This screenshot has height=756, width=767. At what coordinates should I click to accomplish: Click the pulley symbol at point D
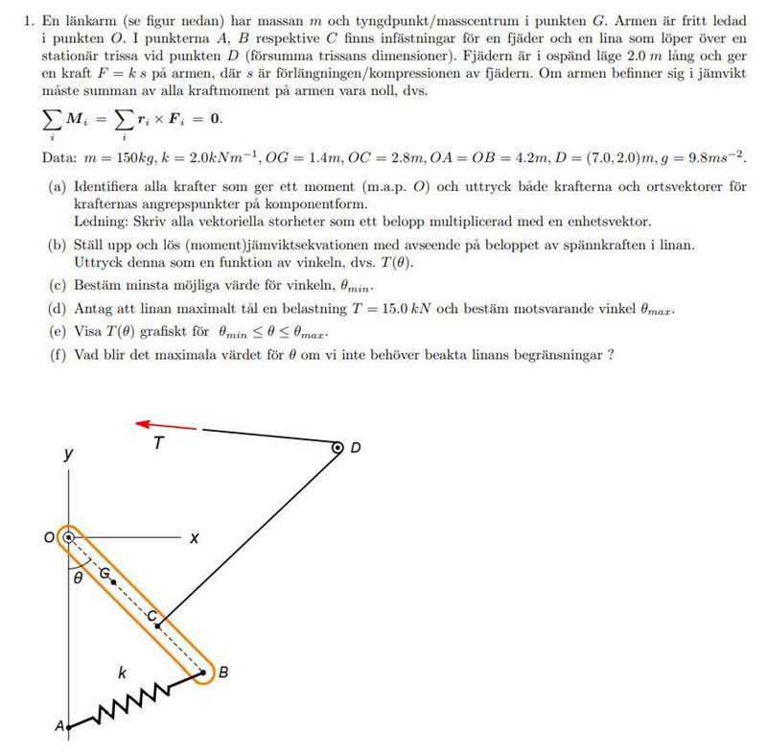(337, 447)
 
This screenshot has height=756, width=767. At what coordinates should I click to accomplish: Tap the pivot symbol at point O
(68, 538)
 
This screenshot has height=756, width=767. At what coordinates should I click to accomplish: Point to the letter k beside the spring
(122, 673)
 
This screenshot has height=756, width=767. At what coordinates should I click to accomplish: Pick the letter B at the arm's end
(223, 673)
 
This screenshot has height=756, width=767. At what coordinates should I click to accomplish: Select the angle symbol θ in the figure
(79, 579)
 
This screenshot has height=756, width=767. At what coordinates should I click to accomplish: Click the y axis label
(67, 455)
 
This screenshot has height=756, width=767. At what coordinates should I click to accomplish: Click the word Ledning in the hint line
(101, 221)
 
